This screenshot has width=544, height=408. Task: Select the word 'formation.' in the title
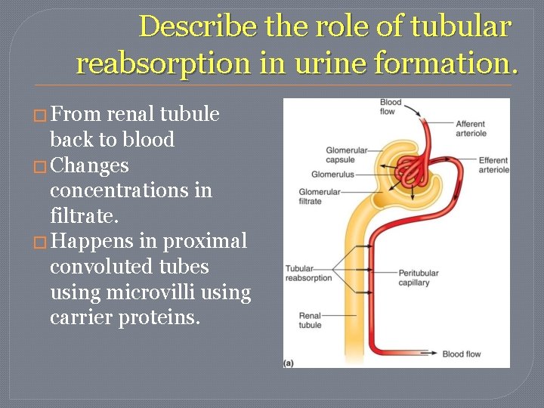tap(460, 63)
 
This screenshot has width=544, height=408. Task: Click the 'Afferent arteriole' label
tap(471, 128)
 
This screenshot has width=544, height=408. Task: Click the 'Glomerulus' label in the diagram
tap(333, 175)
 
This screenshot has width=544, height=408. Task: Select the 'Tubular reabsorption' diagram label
tap(308, 273)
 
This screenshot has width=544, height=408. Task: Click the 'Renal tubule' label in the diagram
tap(310, 320)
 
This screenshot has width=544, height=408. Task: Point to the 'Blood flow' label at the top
tap(391, 107)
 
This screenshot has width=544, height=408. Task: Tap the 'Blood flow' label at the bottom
tap(461, 354)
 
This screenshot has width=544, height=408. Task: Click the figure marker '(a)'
tap(289, 363)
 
